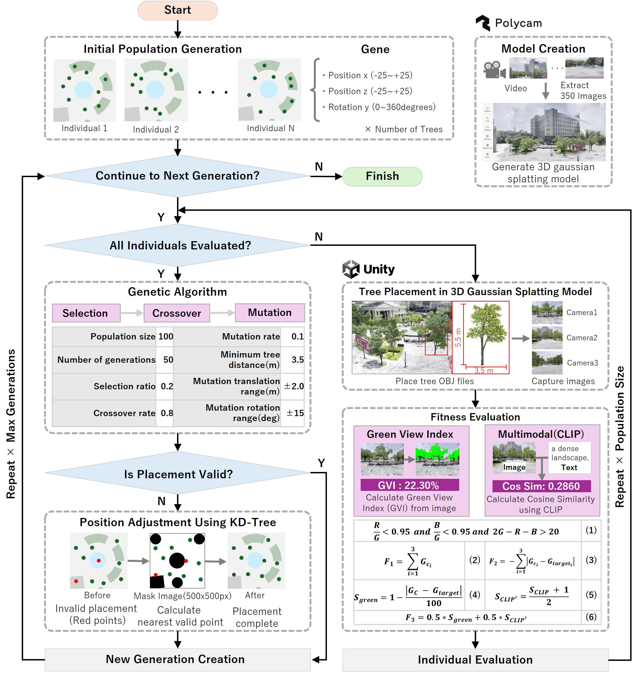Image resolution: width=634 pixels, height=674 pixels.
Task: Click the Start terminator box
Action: tap(178, 10)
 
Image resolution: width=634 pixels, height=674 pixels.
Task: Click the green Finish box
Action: tap(382, 176)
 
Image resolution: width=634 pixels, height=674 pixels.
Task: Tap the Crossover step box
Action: tap(176, 313)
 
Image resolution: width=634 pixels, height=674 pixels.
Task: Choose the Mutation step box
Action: tap(270, 312)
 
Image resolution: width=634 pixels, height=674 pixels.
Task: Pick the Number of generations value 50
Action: tap(168, 360)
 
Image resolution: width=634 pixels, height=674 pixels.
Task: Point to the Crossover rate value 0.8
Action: tap(167, 413)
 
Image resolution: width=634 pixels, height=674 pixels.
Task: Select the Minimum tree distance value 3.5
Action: tap(297, 360)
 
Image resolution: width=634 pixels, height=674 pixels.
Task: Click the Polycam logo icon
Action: tap(483, 23)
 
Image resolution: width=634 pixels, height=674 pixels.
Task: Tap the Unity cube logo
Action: tap(351, 269)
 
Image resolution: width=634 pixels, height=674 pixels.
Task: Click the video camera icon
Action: tap(495, 70)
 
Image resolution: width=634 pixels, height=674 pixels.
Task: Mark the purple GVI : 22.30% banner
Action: tap(410, 485)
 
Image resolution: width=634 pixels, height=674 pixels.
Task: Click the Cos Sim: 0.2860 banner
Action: tap(541, 486)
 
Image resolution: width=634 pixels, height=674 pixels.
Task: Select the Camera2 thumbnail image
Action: tap(547, 338)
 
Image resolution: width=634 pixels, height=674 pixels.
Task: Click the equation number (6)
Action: tap(591, 617)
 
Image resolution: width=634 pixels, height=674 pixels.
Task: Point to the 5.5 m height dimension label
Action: tap(458, 337)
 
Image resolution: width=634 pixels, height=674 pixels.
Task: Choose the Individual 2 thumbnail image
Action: tap(156, 90)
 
